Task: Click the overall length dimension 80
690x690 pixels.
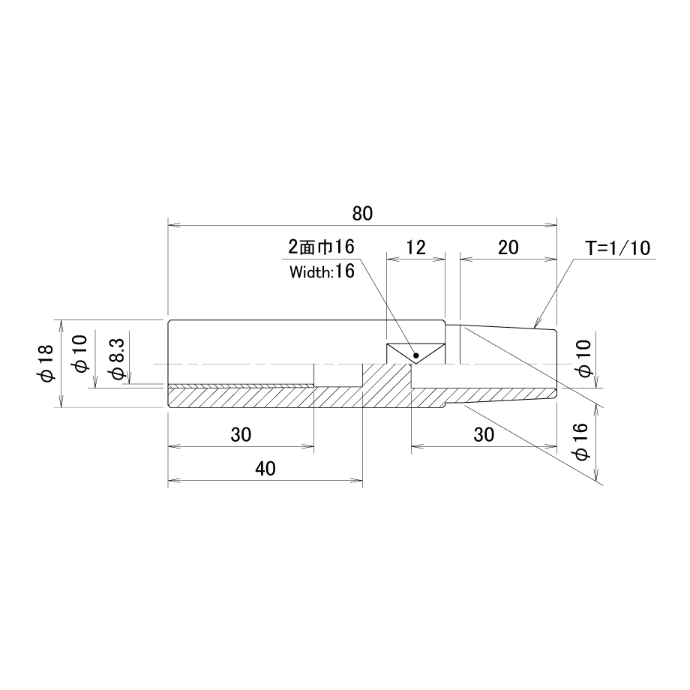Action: point(362,214)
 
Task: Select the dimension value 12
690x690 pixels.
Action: point(415,247)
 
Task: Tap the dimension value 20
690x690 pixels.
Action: point(508,247)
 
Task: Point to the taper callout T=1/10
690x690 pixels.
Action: point(618,248)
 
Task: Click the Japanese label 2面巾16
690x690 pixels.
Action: point(321,247)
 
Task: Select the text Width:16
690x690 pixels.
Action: point(322,271)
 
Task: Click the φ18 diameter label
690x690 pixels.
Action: point(46,363)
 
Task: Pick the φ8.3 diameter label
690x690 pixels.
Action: point(118,358)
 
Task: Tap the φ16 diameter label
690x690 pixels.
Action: point(582,441)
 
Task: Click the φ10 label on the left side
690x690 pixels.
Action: point(82,354)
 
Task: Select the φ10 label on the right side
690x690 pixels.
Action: point(586,358)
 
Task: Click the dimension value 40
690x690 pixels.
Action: point(265,469)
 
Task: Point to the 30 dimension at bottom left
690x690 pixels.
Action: point(241,435)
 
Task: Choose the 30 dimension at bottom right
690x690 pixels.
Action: point(484,435)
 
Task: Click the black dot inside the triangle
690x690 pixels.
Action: point(416,355)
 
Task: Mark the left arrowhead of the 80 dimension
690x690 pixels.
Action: point(174,225)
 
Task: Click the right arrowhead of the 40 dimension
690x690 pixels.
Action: point(357,481)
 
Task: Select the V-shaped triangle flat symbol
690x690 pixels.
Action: point(415,353)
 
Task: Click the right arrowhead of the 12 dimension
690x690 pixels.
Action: point(439,259)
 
